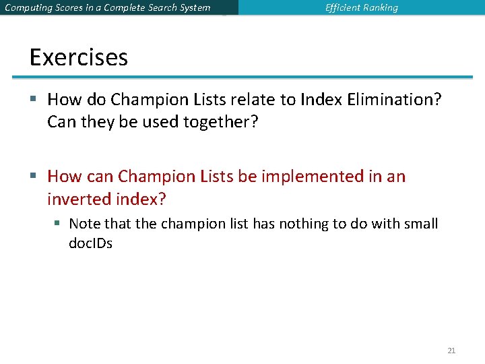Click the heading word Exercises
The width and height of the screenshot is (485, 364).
pyautogui.click(x=79, y=57)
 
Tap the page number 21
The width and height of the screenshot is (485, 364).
pyautogui.click(x=451, y=351)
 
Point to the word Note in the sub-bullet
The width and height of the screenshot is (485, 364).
pyautogui.click(x=84, y=224)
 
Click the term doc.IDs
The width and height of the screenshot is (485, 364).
pyautogui.click(x=91, y=243)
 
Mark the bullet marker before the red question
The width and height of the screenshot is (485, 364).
pyautogui.click(x=34, y=177)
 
